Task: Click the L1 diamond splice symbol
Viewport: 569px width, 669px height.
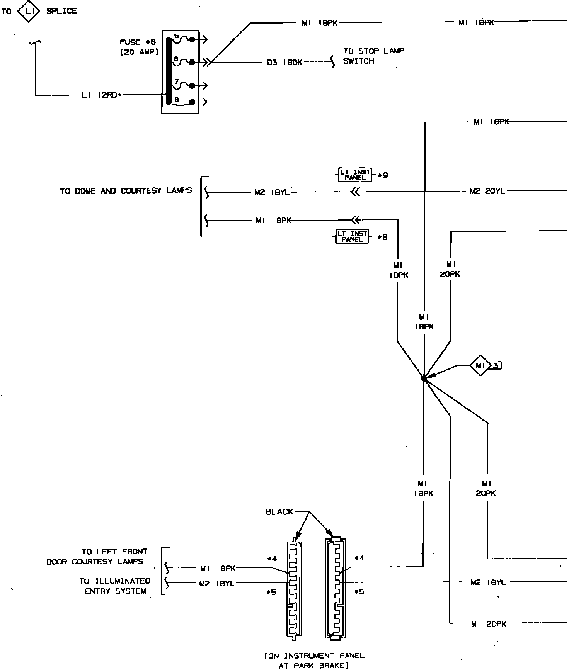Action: click(29, 12)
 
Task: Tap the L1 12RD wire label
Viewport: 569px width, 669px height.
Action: click(100, 95)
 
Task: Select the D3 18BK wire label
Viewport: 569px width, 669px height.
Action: click(284, 62)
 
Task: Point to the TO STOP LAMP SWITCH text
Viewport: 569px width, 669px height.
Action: click(373, 56)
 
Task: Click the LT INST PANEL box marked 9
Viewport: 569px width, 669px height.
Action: click(355, 175)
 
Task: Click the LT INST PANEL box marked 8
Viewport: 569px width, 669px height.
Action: click(352, 236)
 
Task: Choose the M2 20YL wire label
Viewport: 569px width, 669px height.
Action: click(487, 191)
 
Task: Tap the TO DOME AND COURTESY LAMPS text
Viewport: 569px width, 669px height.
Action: click(126, 191)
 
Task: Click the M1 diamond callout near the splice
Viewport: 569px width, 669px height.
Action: click(480, 365)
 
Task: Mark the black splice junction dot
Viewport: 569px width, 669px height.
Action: click(424, 379)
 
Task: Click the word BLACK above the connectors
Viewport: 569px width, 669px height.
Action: click(279, 512)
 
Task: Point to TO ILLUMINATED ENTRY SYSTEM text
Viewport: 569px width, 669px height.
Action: click(115, 586)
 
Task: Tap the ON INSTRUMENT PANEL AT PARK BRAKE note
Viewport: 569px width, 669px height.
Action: click(314, 661)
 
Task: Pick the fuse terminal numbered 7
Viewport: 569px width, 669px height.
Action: click(177, 82)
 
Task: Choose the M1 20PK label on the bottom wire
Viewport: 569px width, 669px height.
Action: click(489, 624)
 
